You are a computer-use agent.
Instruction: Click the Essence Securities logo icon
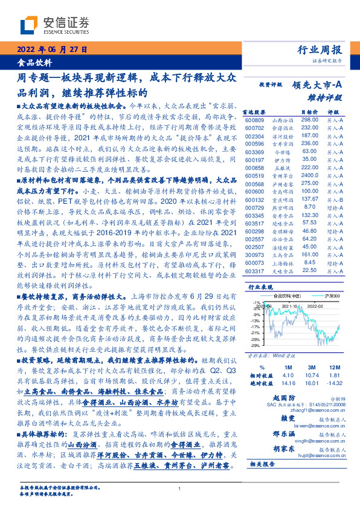click(30, 25)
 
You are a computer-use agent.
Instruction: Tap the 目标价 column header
click(309, 112)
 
